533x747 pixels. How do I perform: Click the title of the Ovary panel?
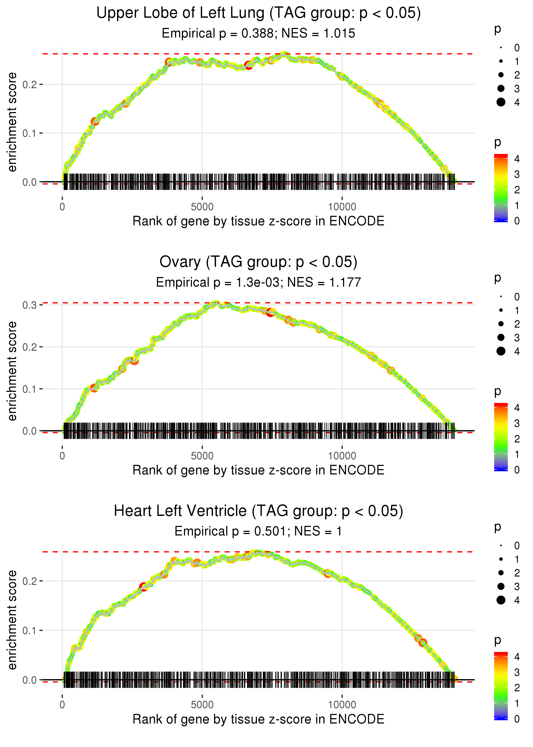(x=258, y=262)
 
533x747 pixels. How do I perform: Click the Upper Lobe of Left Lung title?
(x=258, y=13)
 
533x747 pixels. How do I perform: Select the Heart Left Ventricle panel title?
(x=258, y=511)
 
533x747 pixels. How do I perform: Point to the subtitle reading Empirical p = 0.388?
(x=258, y=34)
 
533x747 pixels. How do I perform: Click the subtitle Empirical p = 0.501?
(x=258, y=531)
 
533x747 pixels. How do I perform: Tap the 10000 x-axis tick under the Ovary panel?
(x=342, y=456)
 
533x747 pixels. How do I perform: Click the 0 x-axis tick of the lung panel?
(x=62, y=207)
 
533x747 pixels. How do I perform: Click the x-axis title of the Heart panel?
(x=258, y=719)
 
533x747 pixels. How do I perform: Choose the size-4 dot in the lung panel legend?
(x=501, y=102)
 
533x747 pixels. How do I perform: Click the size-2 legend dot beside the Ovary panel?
(x=501, y=324)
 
